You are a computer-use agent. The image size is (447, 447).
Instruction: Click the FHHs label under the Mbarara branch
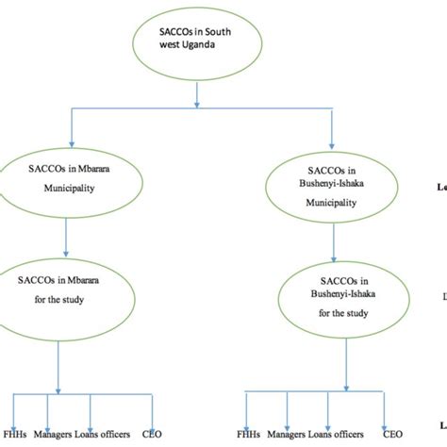pyautogui.click(x=14, y=435)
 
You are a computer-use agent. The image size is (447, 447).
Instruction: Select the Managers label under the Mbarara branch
pyautogui.click(x=58, y=435)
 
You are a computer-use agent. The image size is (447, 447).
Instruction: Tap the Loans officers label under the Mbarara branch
pyautogui.click(x=116, y=435)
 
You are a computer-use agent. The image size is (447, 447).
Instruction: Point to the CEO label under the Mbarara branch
pyautogui.click(x=165, y=435)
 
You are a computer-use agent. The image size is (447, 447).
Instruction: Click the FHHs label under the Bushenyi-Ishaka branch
pyautogui.click(x=250, y=436)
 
